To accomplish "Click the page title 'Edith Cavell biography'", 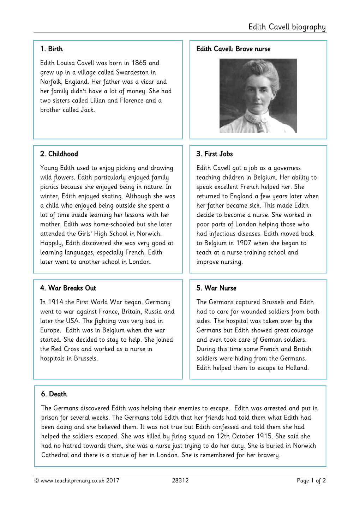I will pyautogui.click(x=287, y=27).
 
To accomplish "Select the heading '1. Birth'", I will pyautogui.click(x=52, y=49).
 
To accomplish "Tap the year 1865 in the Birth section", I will pyautogui.click(x=139, y=63).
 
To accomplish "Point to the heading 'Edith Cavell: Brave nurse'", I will pyautogui.click(x=233, y=49).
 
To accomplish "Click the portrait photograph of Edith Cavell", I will pyautogui.click(x=258, y=96).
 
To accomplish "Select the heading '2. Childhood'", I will pyautogui.click(x=59, y=154).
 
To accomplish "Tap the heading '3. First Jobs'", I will pyautogui.click(x=215, y=154).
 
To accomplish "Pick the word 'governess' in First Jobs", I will pyautogui.click(x=287, y=168).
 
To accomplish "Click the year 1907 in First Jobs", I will pyautogui.click(x=244, y=243).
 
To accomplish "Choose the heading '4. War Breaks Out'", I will pyautogui.click(x=68, y=288).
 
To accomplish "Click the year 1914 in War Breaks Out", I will pyautogui.click(x=55, y=302).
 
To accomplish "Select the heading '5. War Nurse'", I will pyautogui.click(x=216, y=288).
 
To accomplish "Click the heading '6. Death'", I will pyautogui.click(x=54, y=394).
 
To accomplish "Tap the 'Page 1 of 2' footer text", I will pyautogui.click(x=311, y=480).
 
